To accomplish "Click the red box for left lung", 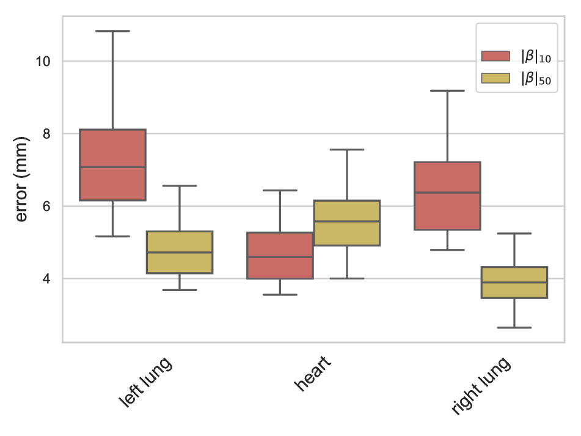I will [112, 165].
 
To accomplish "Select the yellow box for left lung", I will [180, 252].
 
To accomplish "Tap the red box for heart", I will [280, 256].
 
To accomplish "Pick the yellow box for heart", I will [347, 223].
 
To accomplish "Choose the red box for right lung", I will [447, 196].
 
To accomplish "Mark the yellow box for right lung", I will [514, 282].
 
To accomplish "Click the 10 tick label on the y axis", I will [43, 61].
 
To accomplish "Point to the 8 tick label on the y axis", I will [47, 133].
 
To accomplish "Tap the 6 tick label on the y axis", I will [47, 206].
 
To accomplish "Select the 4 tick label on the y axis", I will [47, 279].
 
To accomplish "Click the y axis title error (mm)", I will [21, 179].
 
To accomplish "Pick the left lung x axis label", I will [145, 382].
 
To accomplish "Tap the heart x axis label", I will [312, 374].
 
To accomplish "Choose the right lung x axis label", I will [480, 386].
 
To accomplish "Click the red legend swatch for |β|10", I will [495, 57].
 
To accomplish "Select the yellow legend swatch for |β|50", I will [495, 78].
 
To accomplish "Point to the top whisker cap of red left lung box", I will [112, 31].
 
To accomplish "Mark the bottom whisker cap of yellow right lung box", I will [514, 328].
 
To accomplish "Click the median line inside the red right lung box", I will [447, 193].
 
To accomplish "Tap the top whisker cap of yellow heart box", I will [347, 150].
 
